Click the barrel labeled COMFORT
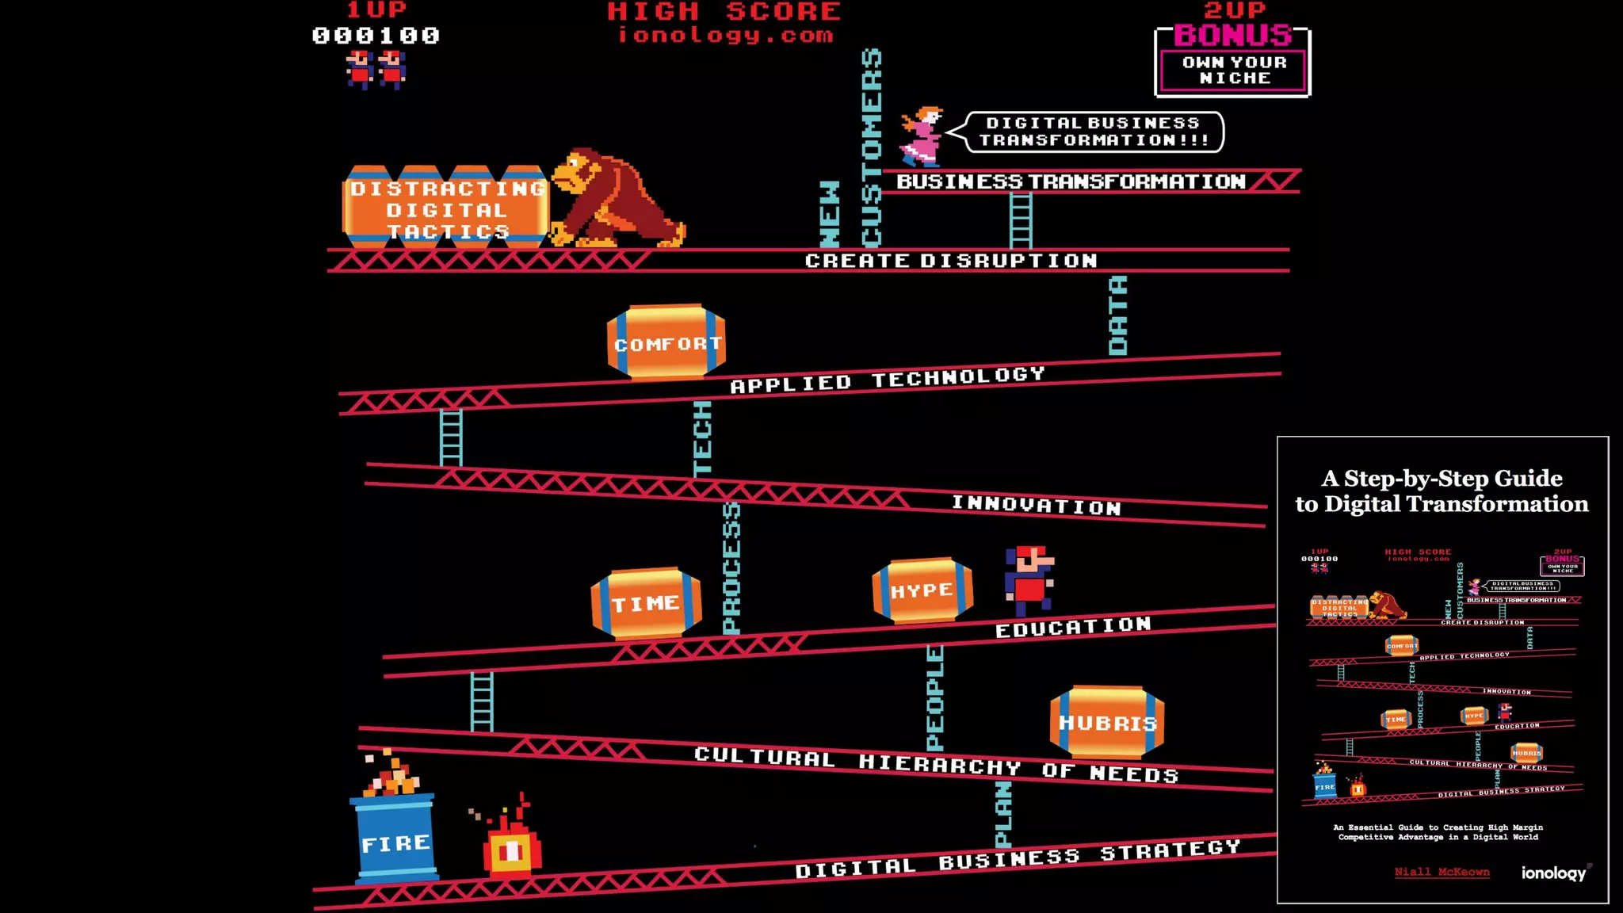coord(666,342)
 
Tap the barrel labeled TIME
coord(646,603)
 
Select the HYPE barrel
coord(922,590)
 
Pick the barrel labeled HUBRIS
coord(1107,722)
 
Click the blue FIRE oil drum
coord(395,839)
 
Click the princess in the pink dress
coord(921,137)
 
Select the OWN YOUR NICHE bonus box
coord(1233,70)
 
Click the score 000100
coord(376,36)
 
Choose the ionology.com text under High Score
coord(725,35)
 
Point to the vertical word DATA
coord(1117,315)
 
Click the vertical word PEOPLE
coord(935,697)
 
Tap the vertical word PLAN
coord(1003,814)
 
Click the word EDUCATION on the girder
coord(1073,627)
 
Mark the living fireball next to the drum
coord(512,845)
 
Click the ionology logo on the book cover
coord(1554,873)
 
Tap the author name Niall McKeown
coord(1442,872)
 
